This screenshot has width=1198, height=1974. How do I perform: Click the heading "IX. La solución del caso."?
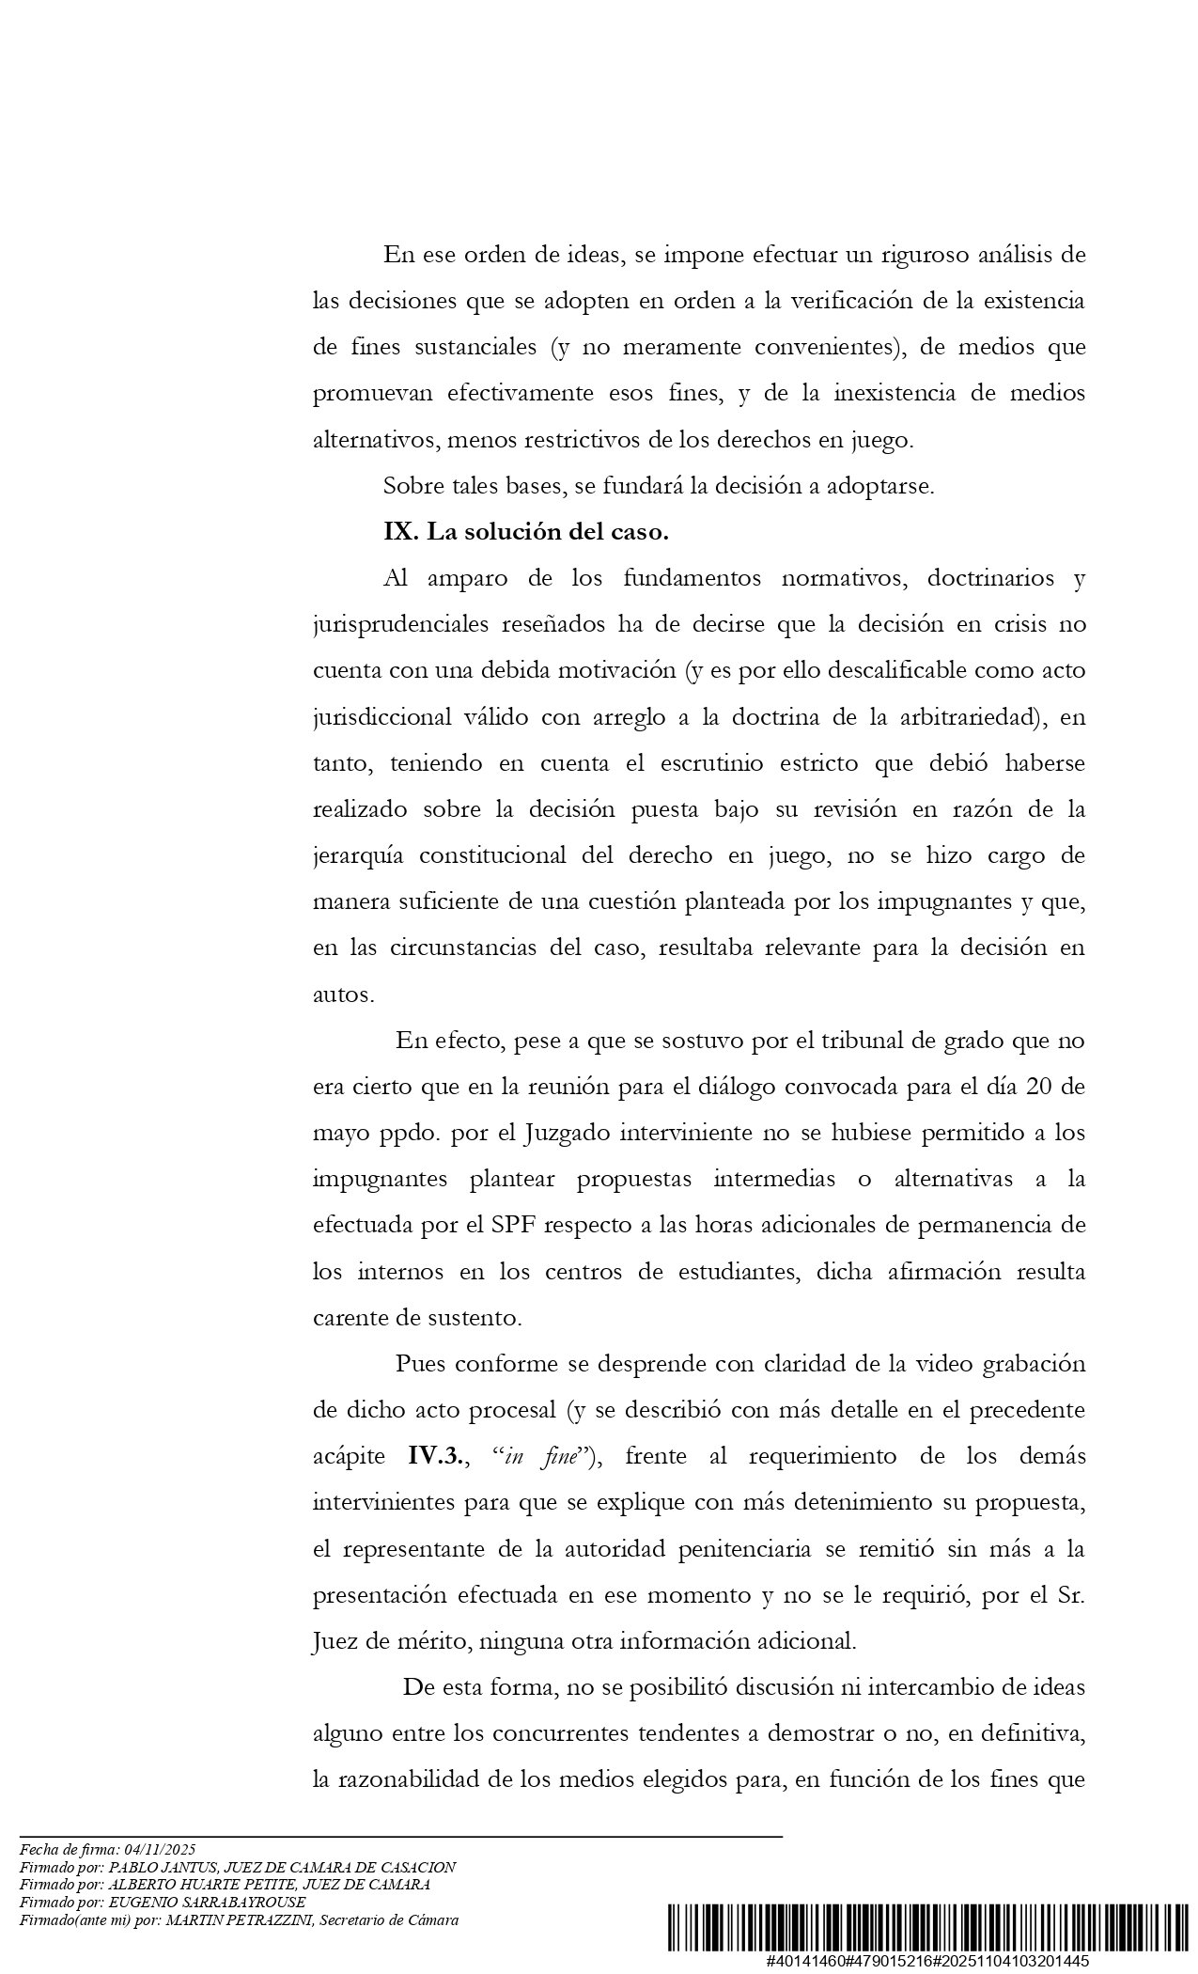tap(525, 532)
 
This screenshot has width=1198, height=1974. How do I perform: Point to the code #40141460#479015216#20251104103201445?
tap(926, 1961)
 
